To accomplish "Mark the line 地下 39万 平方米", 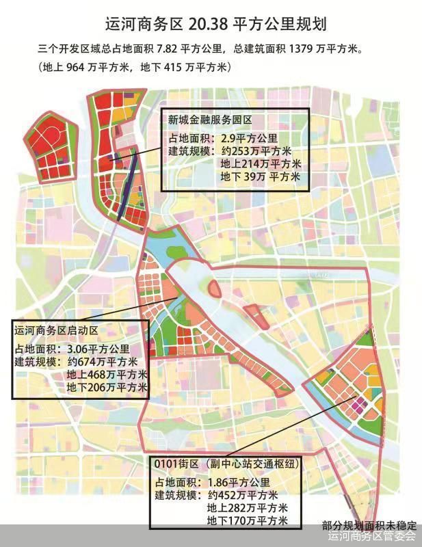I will click(x=261, y=176).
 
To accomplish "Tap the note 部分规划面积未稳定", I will click(x=369, y=526).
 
